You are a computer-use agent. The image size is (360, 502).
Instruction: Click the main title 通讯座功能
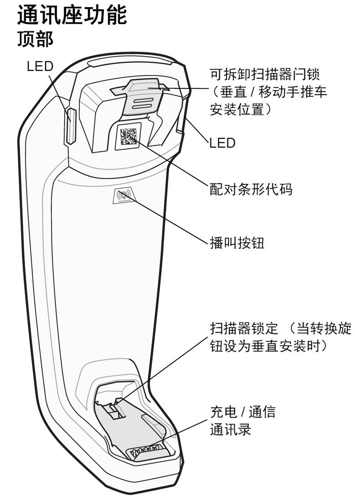tap(72, 16)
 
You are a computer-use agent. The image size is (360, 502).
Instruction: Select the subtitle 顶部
tap(35, 39)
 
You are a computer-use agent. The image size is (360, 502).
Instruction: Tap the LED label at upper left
tap(40, 67)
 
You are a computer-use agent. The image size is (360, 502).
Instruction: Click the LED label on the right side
tap(222, 143)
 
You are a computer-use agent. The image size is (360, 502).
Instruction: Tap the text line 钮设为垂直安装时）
tap(269, 345)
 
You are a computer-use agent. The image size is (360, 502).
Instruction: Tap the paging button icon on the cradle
tap(123, 196)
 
